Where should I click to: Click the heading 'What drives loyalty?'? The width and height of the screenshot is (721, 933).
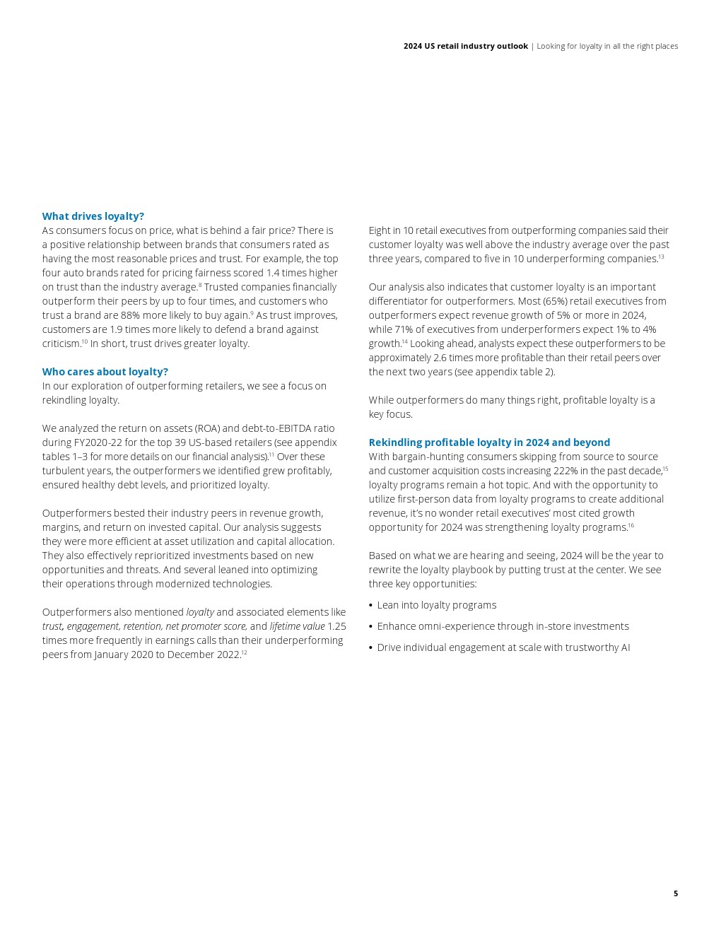(x=93, y=216)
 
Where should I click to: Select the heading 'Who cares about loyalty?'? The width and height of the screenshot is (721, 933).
(x=105, y=372)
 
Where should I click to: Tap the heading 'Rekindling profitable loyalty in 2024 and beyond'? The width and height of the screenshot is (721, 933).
(x=488, y=442)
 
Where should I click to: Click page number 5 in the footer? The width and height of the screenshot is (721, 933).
(x=675, y=893)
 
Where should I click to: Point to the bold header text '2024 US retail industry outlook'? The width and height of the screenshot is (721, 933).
(x=465, y=46)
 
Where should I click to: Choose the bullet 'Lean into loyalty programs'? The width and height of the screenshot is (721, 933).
(x=436, y=605)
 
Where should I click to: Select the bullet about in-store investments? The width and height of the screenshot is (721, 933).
(x=503, y=626)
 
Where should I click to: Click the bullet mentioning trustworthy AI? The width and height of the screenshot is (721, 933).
(x=503, y=647)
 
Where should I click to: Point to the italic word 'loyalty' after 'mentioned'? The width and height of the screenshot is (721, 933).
(x=200, y=612)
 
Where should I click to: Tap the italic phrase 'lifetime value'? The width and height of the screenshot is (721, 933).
(x=297, y=626)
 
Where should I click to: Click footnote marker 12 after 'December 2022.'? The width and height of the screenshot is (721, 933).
(x=245, y=652)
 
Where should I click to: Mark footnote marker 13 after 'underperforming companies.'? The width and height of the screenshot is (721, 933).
(x=661, y=257)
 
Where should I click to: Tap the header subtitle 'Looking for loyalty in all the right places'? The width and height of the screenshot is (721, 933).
(x=607, y=46)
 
